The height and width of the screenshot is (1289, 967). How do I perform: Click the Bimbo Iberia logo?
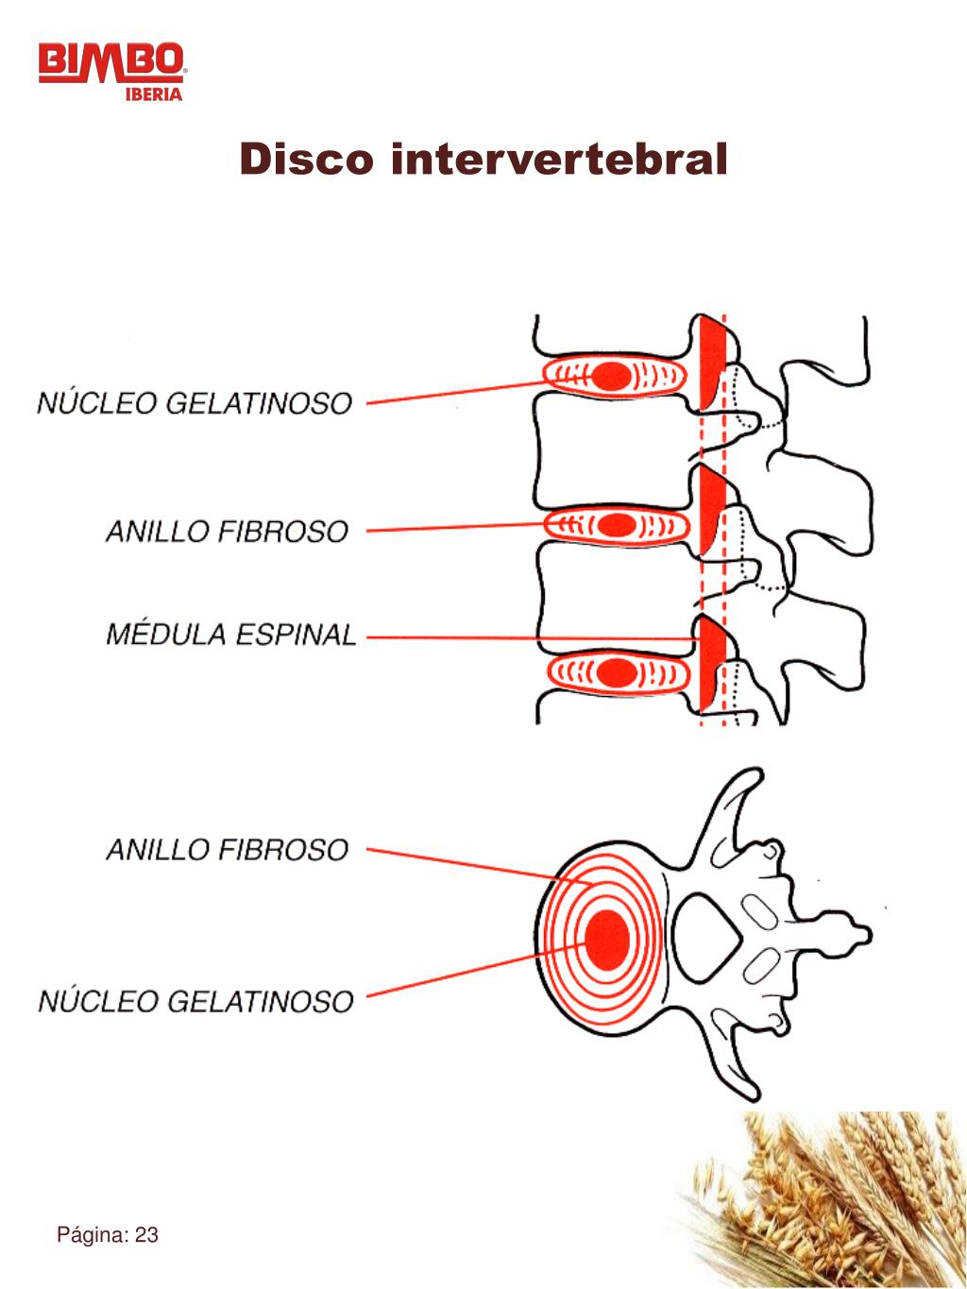112,68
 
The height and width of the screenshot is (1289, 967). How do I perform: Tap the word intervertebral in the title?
559,159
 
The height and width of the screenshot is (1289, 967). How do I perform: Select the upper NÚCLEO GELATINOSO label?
195,403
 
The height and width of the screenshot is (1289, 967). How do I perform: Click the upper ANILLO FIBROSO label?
227,531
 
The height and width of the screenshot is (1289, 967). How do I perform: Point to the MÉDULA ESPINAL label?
230,634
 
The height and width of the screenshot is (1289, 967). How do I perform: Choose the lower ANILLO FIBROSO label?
227,849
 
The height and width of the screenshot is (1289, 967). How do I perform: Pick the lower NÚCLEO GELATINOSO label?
195,1000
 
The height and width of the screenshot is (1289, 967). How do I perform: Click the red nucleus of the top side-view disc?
612,377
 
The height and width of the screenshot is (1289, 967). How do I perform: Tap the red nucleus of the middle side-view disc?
618,524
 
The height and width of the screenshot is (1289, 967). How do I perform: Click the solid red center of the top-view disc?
607,938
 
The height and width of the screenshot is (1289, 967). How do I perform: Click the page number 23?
146,1235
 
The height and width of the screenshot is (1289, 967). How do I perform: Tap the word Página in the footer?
93,1235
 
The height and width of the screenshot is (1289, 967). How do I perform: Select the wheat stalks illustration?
831,1199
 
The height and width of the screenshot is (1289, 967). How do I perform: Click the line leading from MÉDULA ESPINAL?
529,638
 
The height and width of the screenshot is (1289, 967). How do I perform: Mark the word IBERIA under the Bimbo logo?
154,94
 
